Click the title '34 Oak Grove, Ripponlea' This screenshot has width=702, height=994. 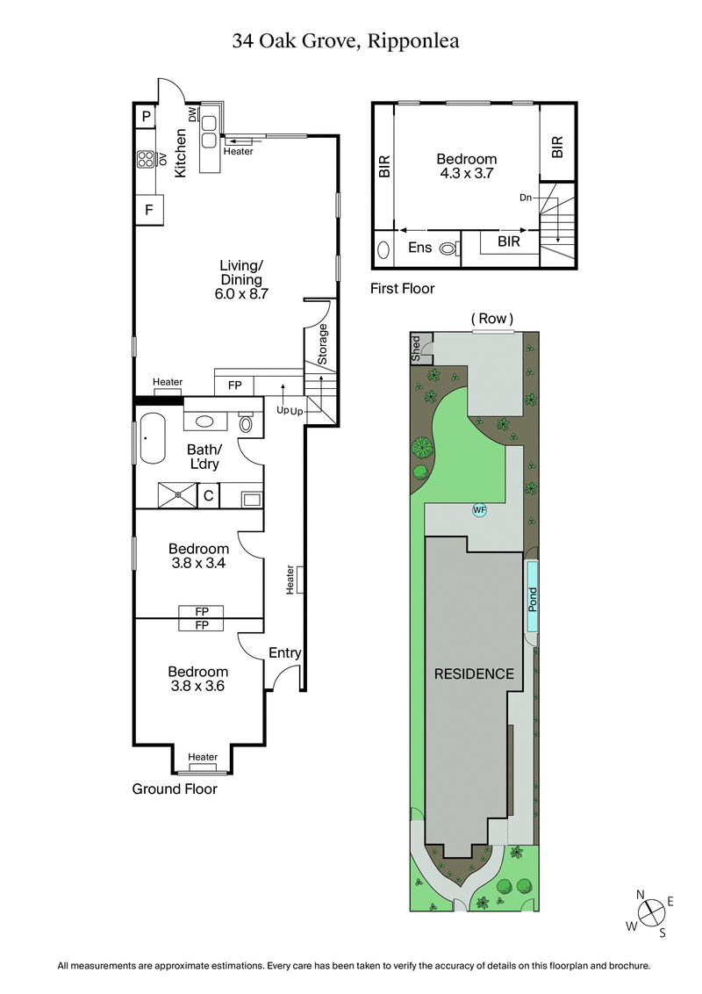[351, 40]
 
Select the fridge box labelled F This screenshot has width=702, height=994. [149, 211]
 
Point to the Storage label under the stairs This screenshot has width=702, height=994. [322, 344]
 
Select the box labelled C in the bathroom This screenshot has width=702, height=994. [208, 496]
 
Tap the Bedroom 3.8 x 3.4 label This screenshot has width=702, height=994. [198, 557]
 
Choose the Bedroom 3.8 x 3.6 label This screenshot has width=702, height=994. [198, 680]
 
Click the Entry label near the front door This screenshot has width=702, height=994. [284, 652]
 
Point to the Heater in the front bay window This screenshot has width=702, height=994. [203, 757]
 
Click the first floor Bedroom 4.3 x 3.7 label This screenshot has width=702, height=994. [466, 166]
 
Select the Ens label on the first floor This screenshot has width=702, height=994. [419, 248]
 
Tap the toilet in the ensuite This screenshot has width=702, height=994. [448, 248]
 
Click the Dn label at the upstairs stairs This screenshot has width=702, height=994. [526, 198]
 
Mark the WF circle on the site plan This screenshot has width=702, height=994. [479, 509]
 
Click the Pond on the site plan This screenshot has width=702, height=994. [532, 597]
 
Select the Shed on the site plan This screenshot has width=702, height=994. [417, 348]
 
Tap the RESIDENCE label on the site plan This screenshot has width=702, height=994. [473, 673]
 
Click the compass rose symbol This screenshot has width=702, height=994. [650, 913]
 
